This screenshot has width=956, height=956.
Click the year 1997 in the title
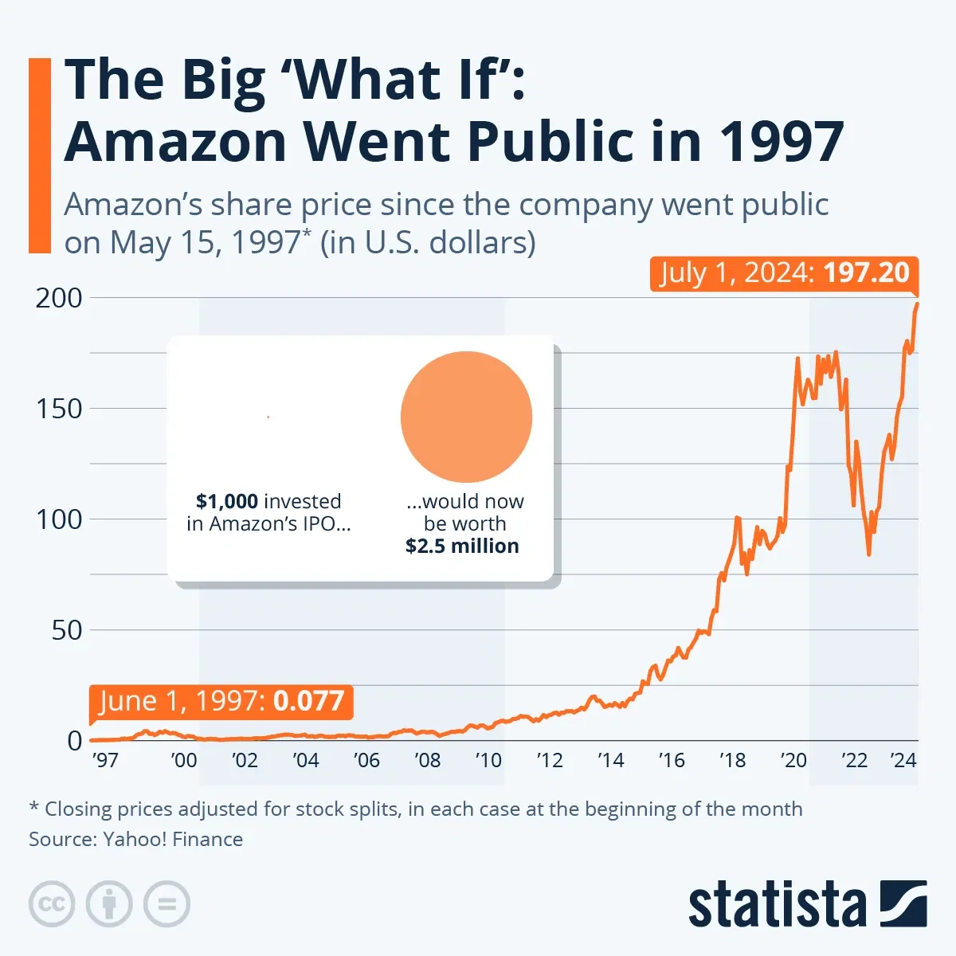pyautogui.click(x=782, y=141)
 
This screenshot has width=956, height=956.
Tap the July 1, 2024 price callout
pyautogui.click(x=784, y=273)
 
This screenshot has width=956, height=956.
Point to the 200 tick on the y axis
pyautogui.click(x=59, y=298)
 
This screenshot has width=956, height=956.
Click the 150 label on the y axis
pyautogui.click(x=59, y=409)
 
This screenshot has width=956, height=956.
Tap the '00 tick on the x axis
pyautogui.click(x=184, y=760)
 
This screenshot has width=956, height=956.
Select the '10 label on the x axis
pyautogui.click(x=488, y=760)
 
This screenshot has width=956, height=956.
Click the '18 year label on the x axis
pyautogui.click(x=732, y=760)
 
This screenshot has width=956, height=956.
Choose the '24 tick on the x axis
pyautogui.click(x=903, y=760)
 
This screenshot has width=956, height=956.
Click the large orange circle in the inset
pyautogui.click(x=466, y=417)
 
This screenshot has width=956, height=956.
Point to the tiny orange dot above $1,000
pyautogui.click(x=268, y=417)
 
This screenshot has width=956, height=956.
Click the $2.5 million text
pyautogui.click(x=462, y=546)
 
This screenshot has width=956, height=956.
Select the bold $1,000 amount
pyautogui.click(x=227, y=501)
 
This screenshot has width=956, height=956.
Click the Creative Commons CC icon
pyautogui.click(x=52, y=904)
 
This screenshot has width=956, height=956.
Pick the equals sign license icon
pyautogui.click(x=167, y=904)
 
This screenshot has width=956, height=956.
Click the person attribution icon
pyautogui.click(x=109, y=904)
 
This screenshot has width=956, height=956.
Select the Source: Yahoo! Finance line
pyautogui.click(x=136, y=839)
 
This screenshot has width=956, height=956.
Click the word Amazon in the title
pyautogui.click(x=175, y=141)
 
